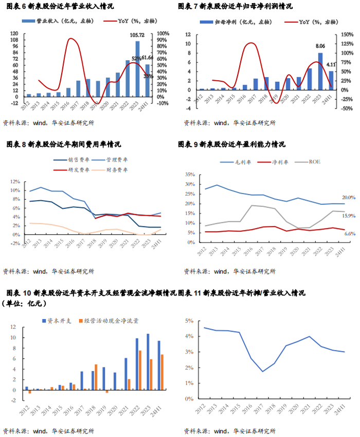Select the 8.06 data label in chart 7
click(x=320, y=46)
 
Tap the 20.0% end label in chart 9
click(x=348, y=198)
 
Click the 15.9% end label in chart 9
click(x=348, y=216)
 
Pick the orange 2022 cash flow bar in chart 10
click(x=139, y=370)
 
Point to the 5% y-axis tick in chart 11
click(x=189, y=321)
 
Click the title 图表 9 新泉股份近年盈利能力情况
click(x=231, y=144)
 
